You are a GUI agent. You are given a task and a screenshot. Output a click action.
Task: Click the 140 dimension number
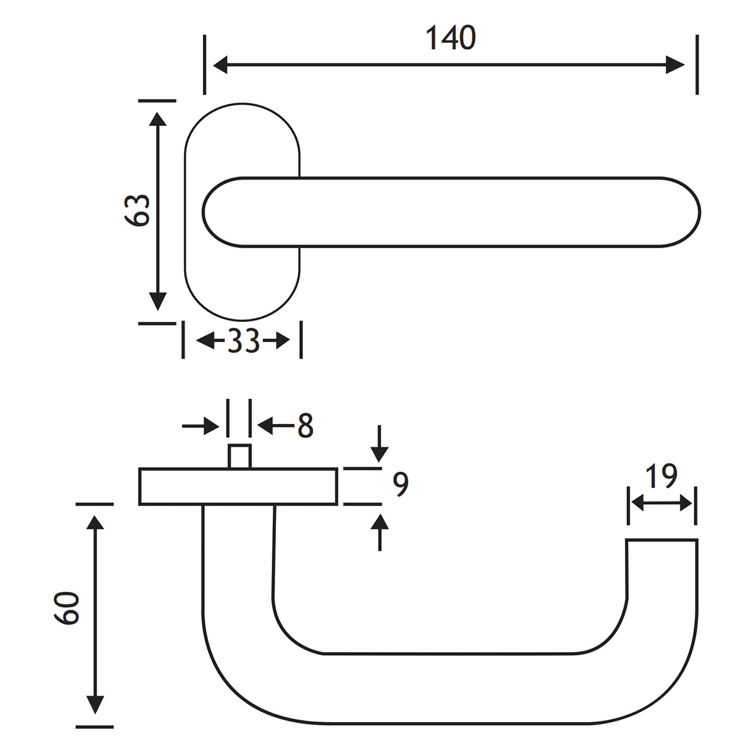tap(450, 38)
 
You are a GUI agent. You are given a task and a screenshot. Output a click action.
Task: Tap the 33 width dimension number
tap(243, 341)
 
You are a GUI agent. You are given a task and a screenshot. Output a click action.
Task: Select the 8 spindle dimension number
tap(305, 427)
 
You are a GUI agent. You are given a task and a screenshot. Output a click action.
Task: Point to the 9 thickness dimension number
tap(401, 483)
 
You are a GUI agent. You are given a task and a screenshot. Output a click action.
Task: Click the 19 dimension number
tap(661, 477)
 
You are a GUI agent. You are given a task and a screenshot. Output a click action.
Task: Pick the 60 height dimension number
tap(67, 608)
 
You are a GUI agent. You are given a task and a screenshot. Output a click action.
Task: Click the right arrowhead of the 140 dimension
tap(675, 64)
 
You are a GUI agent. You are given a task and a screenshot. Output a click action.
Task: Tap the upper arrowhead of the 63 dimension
tap(157, 121)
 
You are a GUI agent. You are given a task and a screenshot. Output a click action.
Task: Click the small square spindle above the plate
tap(240, 456)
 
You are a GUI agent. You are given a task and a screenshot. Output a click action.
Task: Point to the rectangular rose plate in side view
tap(238, 486)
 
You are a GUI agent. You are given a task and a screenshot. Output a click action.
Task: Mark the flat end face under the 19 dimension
tap(661, 541)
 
